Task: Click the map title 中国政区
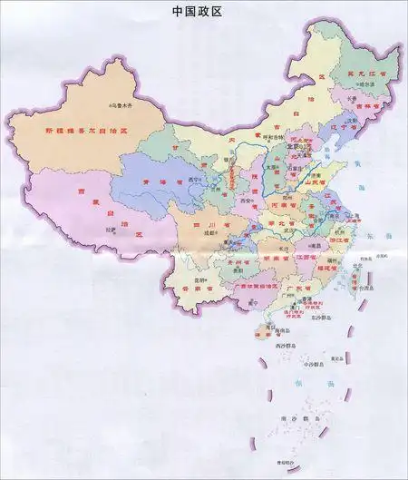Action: coord(197,12)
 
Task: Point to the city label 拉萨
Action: coord(111,230)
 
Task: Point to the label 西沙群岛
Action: coord(290,346)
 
